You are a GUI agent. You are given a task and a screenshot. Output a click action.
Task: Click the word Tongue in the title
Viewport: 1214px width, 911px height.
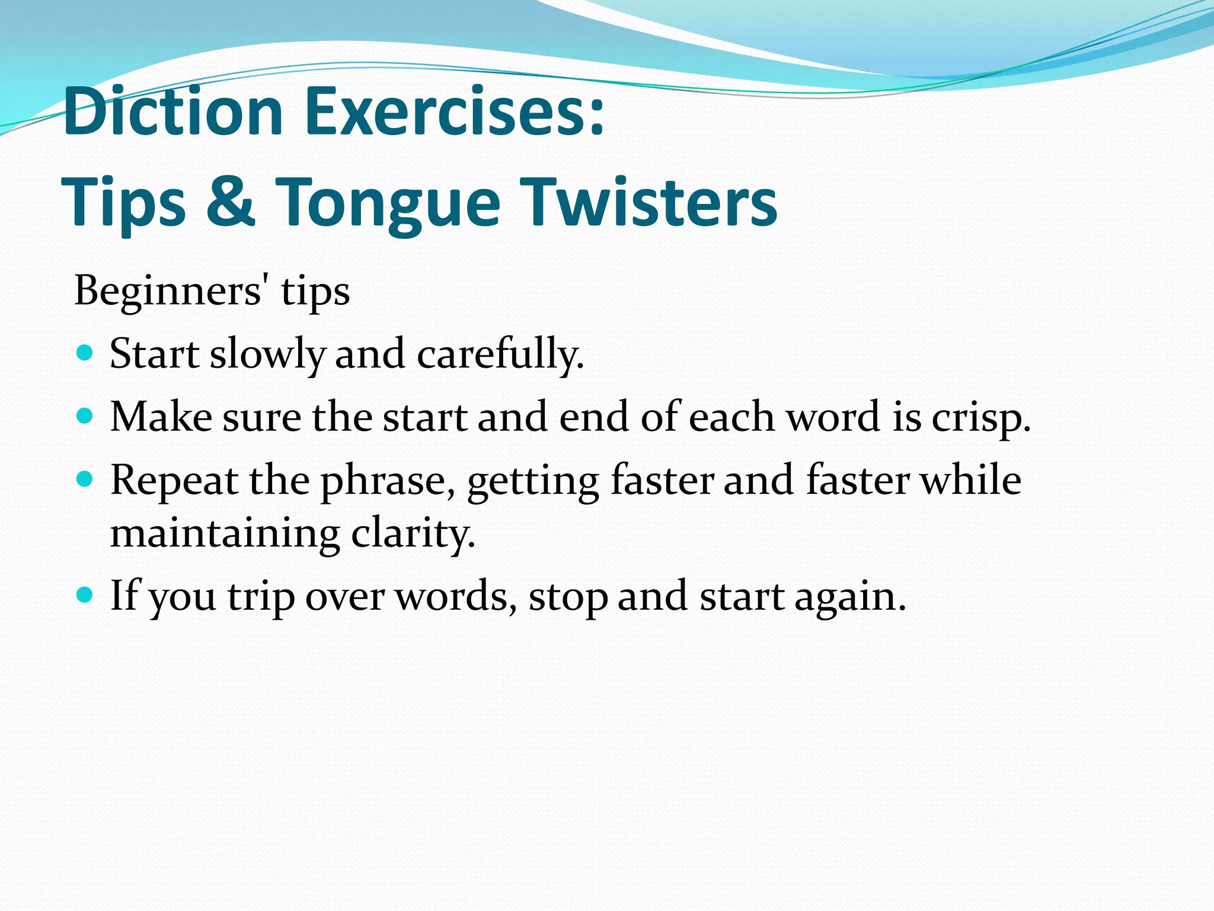pyautogui.click(x=388, y=203)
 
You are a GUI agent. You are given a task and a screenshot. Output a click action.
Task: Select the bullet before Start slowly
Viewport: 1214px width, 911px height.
pyautogui.click(x=85, y=353)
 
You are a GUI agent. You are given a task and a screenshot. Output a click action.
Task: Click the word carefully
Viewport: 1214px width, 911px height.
pyautogui.click(x=500, y=355)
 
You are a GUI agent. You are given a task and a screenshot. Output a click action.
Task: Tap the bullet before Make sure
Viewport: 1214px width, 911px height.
pyautogui.click(x=85, y=416)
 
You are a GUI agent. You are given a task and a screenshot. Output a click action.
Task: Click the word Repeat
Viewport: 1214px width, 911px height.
pyautogui.click(x=174, y=480)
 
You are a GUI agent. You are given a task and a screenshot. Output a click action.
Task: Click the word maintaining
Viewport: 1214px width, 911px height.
pyautogui.click(x=225, y=533)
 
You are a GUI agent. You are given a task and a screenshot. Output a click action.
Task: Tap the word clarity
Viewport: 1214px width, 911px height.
pyautogui.click(x=413, y=533)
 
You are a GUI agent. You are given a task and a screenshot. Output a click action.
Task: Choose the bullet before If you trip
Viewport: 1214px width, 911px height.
pyautogui.click(x=85, y=595)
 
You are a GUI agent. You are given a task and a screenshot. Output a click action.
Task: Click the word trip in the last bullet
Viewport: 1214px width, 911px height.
pyautogui.click(x=261, y=597)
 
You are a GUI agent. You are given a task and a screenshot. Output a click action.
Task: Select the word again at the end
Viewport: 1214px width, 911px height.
pyautogui.click(x=850, y=597)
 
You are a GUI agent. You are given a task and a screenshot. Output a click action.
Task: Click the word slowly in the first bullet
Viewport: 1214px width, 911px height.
pyautogui.click(x=267, y=355)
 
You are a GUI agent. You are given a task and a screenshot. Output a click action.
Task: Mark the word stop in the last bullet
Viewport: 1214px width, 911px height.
pyautogui.click(x=568, y=597)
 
